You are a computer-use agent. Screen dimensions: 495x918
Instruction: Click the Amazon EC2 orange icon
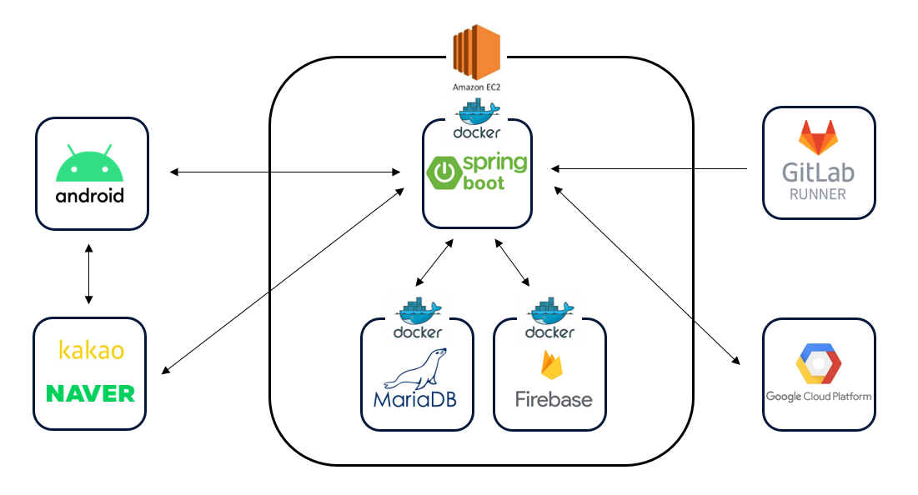[476, 51]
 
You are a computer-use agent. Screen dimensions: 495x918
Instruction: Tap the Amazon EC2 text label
[477, 87]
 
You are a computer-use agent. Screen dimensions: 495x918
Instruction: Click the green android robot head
[90, 166]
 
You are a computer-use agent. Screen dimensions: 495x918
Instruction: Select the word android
[90, 197]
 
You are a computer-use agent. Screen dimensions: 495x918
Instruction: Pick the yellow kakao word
[91, 351]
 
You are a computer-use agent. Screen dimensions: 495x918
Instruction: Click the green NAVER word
[90, 393]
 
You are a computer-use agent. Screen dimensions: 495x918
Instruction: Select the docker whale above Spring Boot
[477, 112]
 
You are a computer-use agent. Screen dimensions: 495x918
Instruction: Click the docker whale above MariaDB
[418, 312]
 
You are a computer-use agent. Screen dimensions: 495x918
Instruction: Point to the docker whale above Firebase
[550, 312]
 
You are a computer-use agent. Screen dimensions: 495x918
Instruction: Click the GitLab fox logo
[818, 138]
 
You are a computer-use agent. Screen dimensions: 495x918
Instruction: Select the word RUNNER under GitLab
[818, 195]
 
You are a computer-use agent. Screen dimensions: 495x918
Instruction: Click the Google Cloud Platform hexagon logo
[819, 364]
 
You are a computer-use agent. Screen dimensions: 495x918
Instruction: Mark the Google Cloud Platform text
[819, 396]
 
